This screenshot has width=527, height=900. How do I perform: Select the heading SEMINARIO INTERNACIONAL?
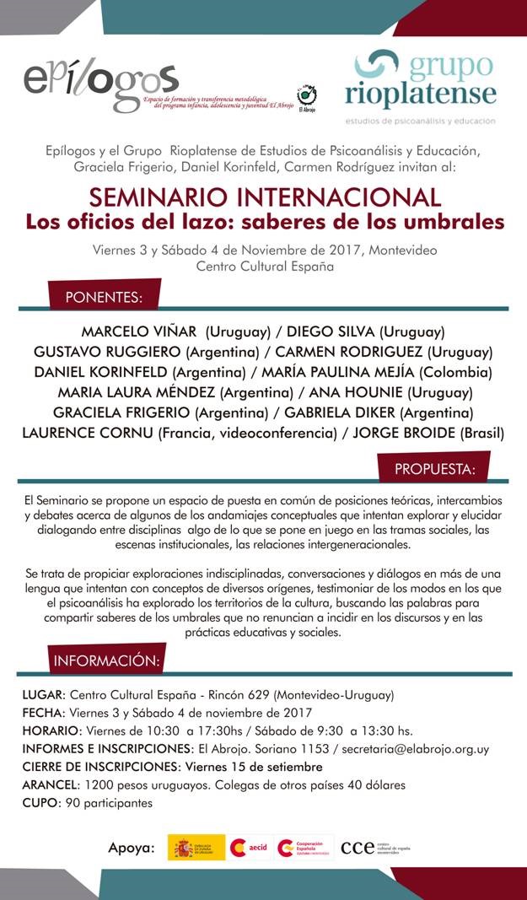tap(265, 197)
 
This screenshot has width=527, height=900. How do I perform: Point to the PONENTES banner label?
tap(104, 297)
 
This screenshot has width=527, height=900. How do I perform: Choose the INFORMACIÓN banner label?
tap(106, 660)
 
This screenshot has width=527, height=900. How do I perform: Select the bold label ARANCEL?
tap(47, 784)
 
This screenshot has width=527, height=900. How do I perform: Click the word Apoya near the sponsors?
tap(131, 847)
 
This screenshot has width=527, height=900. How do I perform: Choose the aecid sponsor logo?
tap(250, 847)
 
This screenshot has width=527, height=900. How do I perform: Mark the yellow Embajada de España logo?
tap(196, 847)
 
